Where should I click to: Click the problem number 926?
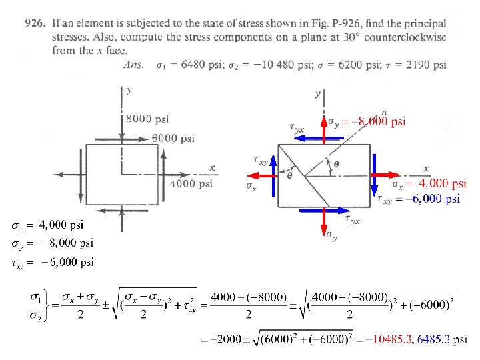(35, 23)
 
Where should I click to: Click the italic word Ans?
(133, 65)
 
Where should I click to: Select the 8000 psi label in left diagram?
(147, 119)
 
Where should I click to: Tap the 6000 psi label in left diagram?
(173, 139)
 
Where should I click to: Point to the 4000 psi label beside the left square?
(191, 183)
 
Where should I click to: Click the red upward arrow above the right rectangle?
(324, 130)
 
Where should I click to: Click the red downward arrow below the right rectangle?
(324, 221)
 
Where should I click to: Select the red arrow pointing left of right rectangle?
(263, 176)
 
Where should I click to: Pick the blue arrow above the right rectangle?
(319, 139)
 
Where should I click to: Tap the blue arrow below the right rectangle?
(324, 211)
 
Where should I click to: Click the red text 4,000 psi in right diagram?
(443, 183)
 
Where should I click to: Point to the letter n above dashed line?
(384, 113)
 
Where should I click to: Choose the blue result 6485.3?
(433, 339)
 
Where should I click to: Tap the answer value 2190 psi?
(426, 65)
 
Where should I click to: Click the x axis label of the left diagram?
(212, 168)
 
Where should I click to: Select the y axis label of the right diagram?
(318, 94)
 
